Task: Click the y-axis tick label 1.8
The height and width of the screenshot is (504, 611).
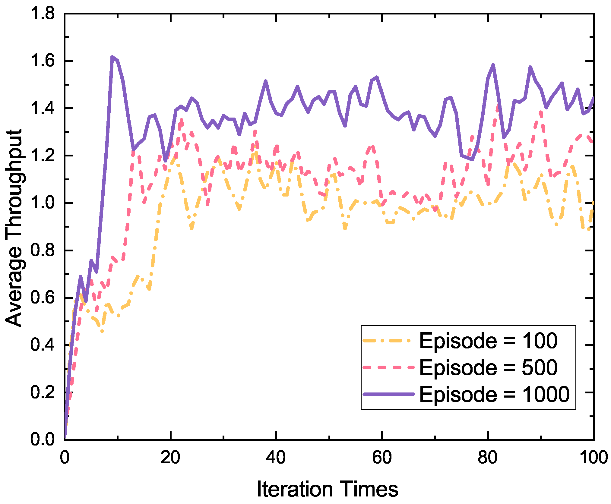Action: (43, 14)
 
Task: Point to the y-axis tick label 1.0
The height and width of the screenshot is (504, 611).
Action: (43, 203)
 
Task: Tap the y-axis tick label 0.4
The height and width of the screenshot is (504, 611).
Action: (43, 345)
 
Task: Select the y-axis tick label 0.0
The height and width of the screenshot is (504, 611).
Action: (43, 439)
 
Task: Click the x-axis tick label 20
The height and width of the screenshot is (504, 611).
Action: (170, 458)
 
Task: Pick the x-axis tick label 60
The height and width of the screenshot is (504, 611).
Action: (382, 458)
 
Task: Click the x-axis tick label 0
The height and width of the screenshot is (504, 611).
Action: (65, 458)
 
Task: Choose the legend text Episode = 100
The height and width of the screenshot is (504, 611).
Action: (488, 341)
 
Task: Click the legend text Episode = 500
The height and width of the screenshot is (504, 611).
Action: (488, 367)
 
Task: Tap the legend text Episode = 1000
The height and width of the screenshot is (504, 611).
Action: (494, 394)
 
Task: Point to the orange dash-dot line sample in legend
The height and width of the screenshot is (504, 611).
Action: (388, 341)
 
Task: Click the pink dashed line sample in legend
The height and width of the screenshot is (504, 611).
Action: (388, 367)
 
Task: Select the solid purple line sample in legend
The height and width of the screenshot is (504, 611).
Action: (388, 394)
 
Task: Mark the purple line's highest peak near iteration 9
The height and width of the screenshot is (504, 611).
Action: (112, 57)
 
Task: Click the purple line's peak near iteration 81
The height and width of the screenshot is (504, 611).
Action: (493, 65)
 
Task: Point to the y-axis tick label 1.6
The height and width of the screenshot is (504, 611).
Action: (43, 61)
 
